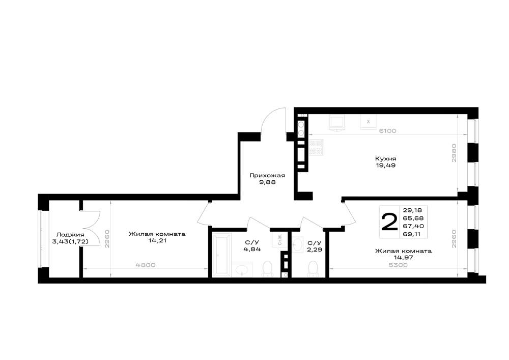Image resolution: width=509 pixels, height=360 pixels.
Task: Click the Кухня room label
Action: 385,159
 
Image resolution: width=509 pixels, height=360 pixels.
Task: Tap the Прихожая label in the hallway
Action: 267,176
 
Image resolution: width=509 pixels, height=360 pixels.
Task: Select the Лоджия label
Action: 70,235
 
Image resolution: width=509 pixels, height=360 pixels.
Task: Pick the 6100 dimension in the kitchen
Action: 388,131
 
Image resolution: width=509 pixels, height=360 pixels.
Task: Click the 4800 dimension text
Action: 146,265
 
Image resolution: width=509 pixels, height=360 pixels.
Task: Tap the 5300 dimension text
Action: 398,265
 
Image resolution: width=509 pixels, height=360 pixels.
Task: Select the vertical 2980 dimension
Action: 454,153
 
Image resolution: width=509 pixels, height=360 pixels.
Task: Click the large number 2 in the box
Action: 389,221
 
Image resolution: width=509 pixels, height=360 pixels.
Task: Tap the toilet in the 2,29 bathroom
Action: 313,269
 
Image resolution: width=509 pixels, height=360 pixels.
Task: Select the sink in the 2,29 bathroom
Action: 298,245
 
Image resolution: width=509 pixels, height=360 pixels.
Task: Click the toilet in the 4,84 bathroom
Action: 267,269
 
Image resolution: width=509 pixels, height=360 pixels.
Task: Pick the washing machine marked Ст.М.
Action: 279,240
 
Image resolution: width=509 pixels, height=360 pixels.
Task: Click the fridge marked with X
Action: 368,122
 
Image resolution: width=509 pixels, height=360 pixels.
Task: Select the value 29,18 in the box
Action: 412,210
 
